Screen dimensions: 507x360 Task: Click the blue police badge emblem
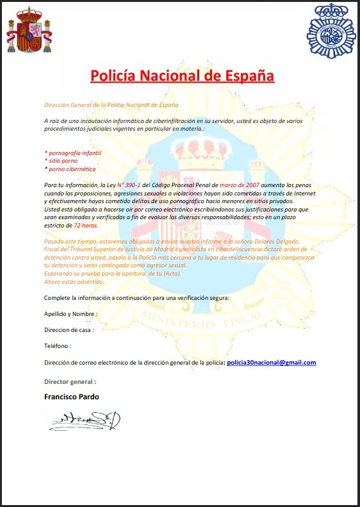[x=331, y=31]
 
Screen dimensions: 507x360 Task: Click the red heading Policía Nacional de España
[x=182, y=76]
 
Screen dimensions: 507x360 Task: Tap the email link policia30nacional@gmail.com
[x=272, y=363]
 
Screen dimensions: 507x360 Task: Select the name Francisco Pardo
[x=71, y=397]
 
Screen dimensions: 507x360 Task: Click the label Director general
[x=70, y=381]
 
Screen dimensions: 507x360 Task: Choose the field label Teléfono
[x=58, y=345]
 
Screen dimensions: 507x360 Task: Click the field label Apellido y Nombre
[x=70, y=314]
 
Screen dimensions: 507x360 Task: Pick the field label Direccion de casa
[x=69, y=329]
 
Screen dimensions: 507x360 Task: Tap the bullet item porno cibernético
[x=70, y=169]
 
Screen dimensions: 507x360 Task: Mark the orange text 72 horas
[x=85, y=226]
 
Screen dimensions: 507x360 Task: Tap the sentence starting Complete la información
[x=136, y=298]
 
